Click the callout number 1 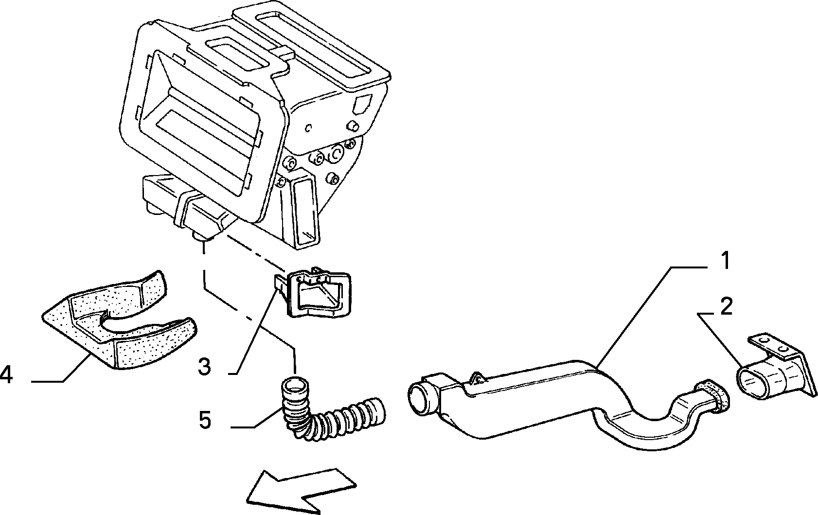point(726,261)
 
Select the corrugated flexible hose point(329,413)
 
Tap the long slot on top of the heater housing point(314,48)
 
